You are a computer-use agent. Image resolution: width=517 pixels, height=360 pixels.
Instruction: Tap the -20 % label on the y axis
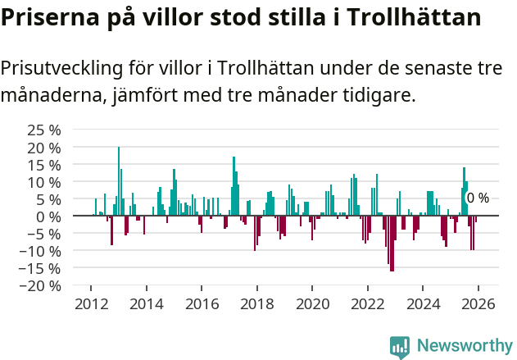pyautogui.click(x=42, y=285)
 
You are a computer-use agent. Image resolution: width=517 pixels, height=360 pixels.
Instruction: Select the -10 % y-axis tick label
pyautogui.click(x=42, y=250)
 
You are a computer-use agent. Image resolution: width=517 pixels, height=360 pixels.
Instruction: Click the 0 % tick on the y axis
pyautogui.click(x=48, y=216)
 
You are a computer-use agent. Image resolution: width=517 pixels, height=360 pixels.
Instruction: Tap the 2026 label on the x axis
pyautogui.click(x=478, y=304)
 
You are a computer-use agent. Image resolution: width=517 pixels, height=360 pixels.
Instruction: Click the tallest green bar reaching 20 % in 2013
pyautogui.click(x=119, y=181)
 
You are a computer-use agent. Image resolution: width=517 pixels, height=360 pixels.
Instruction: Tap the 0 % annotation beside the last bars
pyautogui.click(x=477, y=198)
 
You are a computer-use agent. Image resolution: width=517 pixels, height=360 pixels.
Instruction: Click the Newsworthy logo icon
pyautogui.click(x=400, y=347)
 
